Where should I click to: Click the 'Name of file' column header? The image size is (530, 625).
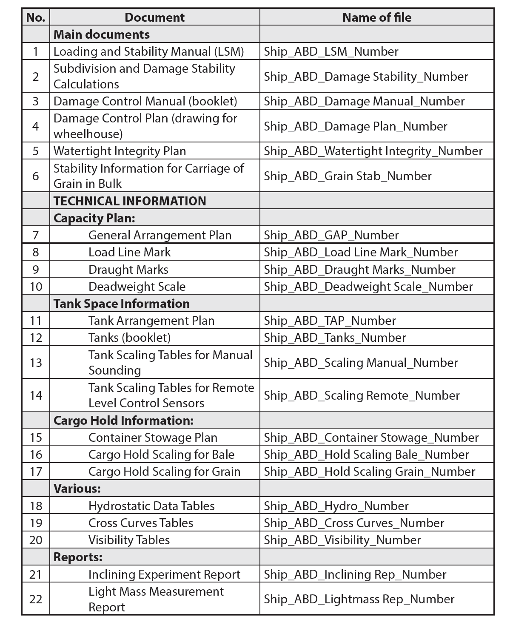tap(376, 17)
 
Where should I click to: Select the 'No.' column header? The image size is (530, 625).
tap(36, 17)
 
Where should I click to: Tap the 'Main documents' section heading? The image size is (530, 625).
tap(102, 34)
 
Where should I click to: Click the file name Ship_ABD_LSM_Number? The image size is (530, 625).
tap(331, 51)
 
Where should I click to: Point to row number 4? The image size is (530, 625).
tap(36, 126)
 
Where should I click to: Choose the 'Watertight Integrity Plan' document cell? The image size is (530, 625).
tap(120, 151)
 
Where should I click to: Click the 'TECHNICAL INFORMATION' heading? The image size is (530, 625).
tap(130, 201)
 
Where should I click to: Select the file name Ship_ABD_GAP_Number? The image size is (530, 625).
tap(331, 235)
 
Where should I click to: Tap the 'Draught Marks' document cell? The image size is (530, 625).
tap(128, 270)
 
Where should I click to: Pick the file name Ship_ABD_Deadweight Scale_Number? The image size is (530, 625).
tap(368, 287)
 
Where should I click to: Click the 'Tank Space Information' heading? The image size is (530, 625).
tap(122, 304)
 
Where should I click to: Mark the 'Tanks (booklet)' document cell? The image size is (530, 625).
tap(129, 338)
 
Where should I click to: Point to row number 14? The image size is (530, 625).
tap(36, 395)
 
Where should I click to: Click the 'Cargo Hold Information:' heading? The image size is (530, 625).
tap(123, 420)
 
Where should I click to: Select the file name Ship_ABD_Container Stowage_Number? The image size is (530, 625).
tap(371, 437)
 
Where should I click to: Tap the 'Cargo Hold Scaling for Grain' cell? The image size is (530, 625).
tap(164, 472)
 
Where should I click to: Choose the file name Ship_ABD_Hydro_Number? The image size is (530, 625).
tap(336, 506)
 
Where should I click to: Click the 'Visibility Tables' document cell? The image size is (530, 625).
tap(129, 540)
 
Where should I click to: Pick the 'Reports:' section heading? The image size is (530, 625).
tap(78, 557)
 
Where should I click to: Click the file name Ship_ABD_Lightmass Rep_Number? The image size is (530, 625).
tap(359, 599)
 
